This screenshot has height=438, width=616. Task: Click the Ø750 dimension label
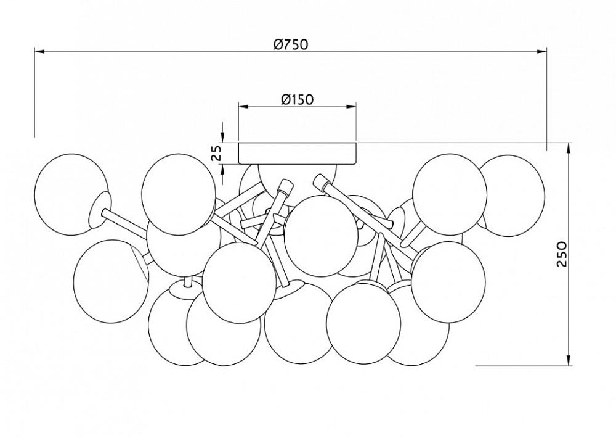pos(291,44)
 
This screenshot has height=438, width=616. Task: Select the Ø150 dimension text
pos(298,99)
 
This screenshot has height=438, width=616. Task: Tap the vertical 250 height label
pos(562,254)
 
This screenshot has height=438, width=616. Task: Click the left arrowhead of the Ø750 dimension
pos(39,51)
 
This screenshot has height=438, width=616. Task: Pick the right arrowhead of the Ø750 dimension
pos(541,51)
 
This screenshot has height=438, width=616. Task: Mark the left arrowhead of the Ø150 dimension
pos(244,106)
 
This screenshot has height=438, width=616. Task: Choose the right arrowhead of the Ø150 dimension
pos(351,106)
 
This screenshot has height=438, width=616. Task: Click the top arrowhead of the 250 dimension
pos(569,148)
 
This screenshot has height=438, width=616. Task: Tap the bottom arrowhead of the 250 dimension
pos(569,360)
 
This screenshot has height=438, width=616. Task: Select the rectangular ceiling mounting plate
pos(298,153)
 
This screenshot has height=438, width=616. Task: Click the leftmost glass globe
pos(71,194)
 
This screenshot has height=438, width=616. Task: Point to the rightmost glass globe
pos(511,196)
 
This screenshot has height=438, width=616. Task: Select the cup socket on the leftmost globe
pos(100,210)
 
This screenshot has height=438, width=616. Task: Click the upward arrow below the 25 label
pos(222,175)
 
